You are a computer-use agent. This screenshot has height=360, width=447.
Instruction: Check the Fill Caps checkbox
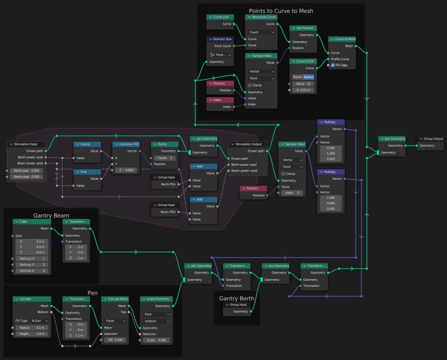coord(333,65)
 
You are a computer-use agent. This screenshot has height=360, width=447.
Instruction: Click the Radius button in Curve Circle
coord(308,76)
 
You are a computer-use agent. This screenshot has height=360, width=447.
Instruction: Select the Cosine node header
coord(88,144)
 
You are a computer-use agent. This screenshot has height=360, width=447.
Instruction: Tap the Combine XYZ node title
coord(129,144)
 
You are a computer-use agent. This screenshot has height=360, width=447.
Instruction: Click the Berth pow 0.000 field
coord(27,170)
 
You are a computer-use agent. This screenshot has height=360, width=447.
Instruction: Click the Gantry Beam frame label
coord(51,214)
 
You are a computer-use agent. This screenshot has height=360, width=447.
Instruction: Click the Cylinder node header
coord(32,299)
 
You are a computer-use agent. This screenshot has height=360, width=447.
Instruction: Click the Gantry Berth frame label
coord(237,299)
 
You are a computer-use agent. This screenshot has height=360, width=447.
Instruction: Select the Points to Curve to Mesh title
coord(281,11)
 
